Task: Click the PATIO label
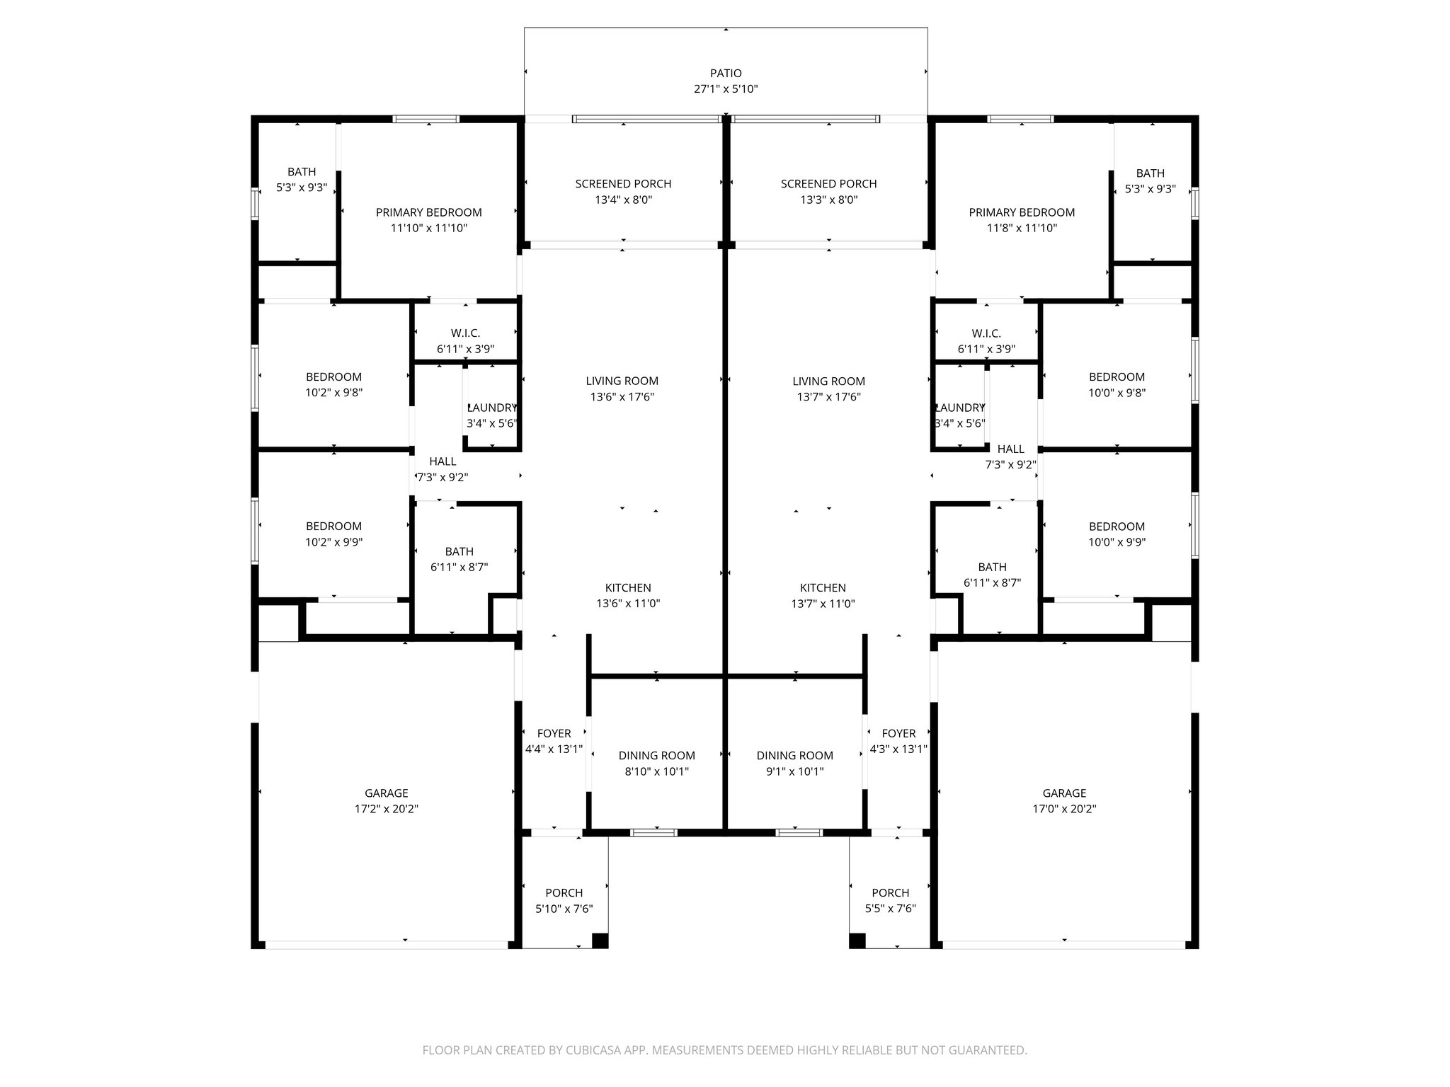tap(726, 74)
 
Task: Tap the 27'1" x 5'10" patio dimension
tap(726, 89)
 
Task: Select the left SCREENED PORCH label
tap(623, 184)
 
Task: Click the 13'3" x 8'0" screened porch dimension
tap(828, 200)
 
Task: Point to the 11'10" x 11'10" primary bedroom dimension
tap(428, 228)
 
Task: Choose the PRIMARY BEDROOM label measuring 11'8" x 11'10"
tap(1021, 212)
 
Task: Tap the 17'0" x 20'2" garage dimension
tap(1063, 809)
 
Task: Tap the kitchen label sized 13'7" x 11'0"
tap(823, 588)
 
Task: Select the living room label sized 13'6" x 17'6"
tap(622, 381)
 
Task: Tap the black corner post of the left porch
tap(599, 941)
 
